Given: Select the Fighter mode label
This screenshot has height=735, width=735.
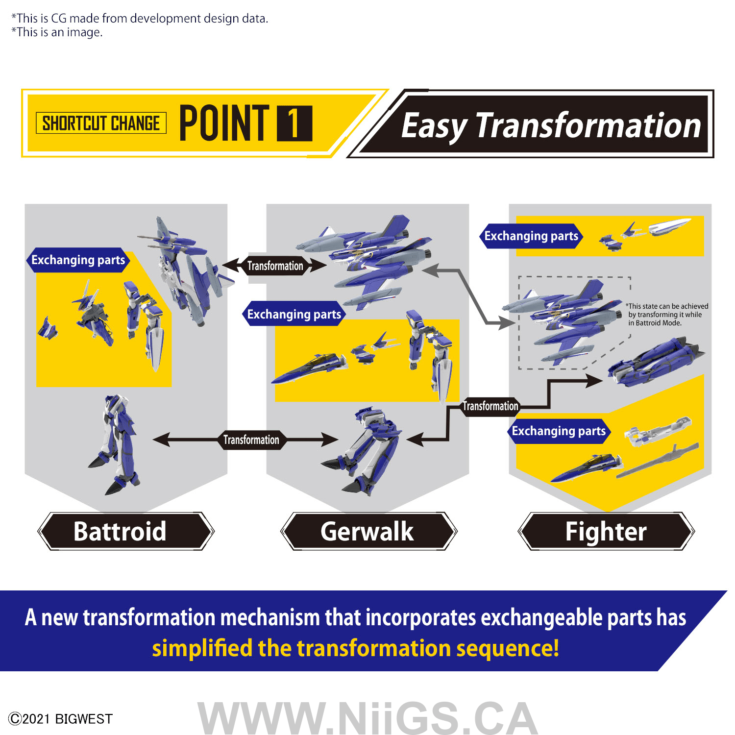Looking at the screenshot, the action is (x=606, y=532).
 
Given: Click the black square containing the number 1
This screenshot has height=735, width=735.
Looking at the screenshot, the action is (x=294, y=123).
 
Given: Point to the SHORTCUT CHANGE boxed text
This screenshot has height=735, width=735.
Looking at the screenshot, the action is (x=101, y=123).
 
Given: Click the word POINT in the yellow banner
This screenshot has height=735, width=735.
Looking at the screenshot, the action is (x=224, y=123).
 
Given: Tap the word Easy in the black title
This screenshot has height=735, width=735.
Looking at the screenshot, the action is (x=434, y=126).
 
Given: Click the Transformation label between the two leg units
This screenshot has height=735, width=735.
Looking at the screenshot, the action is (x=251, y=440).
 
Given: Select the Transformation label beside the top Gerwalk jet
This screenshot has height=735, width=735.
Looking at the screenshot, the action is (x=275, y=266).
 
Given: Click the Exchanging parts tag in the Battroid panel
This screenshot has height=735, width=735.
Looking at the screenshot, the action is (x=78, y=260).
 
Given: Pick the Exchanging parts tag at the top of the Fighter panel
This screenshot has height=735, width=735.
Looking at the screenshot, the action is (x=531, y=236).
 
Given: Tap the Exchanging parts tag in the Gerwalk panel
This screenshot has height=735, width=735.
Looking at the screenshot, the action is (x=294, y=314).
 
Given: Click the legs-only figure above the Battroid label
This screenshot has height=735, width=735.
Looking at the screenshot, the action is (x=114, y=443).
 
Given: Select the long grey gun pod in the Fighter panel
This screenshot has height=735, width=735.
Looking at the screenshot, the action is (x=657, y=461).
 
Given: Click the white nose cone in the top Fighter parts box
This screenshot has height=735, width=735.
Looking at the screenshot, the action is (x=670, y=226).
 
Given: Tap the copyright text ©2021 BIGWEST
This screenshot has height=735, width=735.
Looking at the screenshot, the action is (x=61, y=719).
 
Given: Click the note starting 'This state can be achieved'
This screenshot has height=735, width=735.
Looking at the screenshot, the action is (x=667, y=315).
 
